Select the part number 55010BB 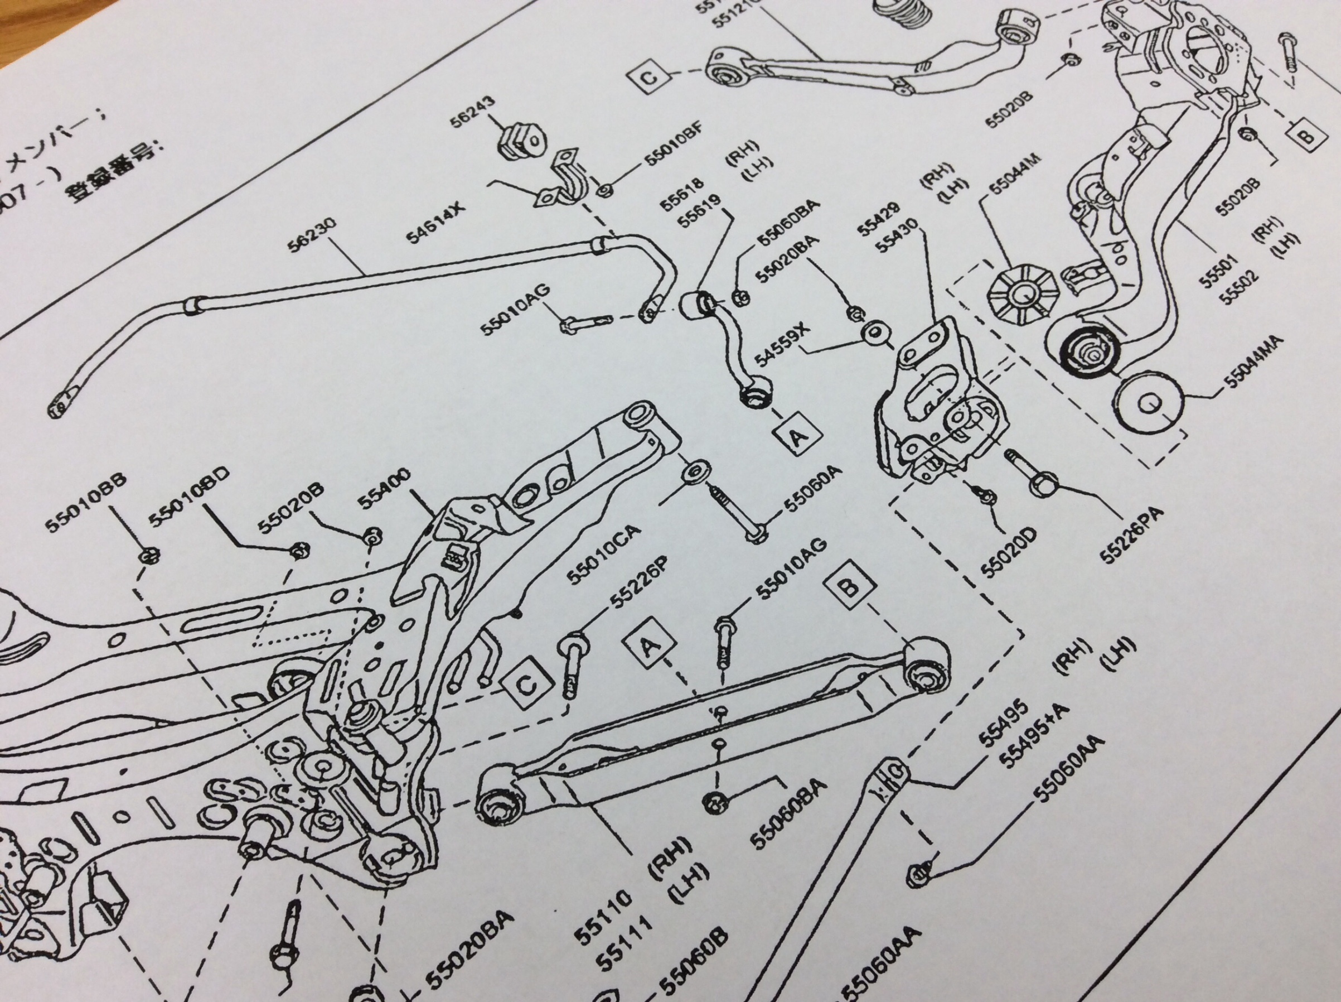point(86,503)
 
